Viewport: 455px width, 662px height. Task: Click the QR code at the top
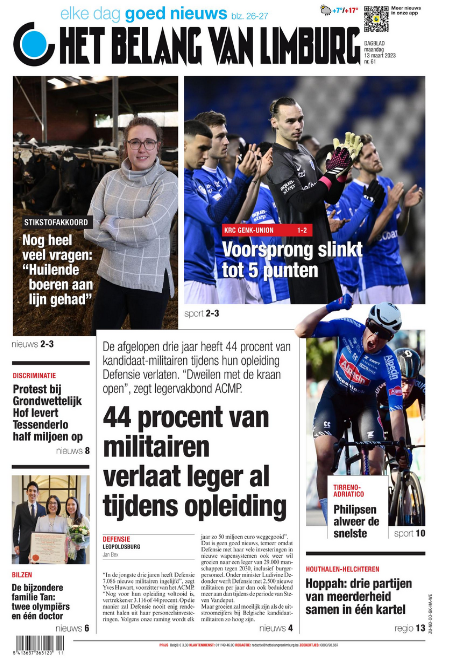pos(375,19)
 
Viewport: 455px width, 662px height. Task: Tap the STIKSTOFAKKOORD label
pos(56,221)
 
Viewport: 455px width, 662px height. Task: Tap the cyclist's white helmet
pos(385,318)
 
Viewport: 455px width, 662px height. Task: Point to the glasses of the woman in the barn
pos(142,144)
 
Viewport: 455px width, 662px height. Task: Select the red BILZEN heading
pos(22,576)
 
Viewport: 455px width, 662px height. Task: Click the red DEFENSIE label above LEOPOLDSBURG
pos(116,539)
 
